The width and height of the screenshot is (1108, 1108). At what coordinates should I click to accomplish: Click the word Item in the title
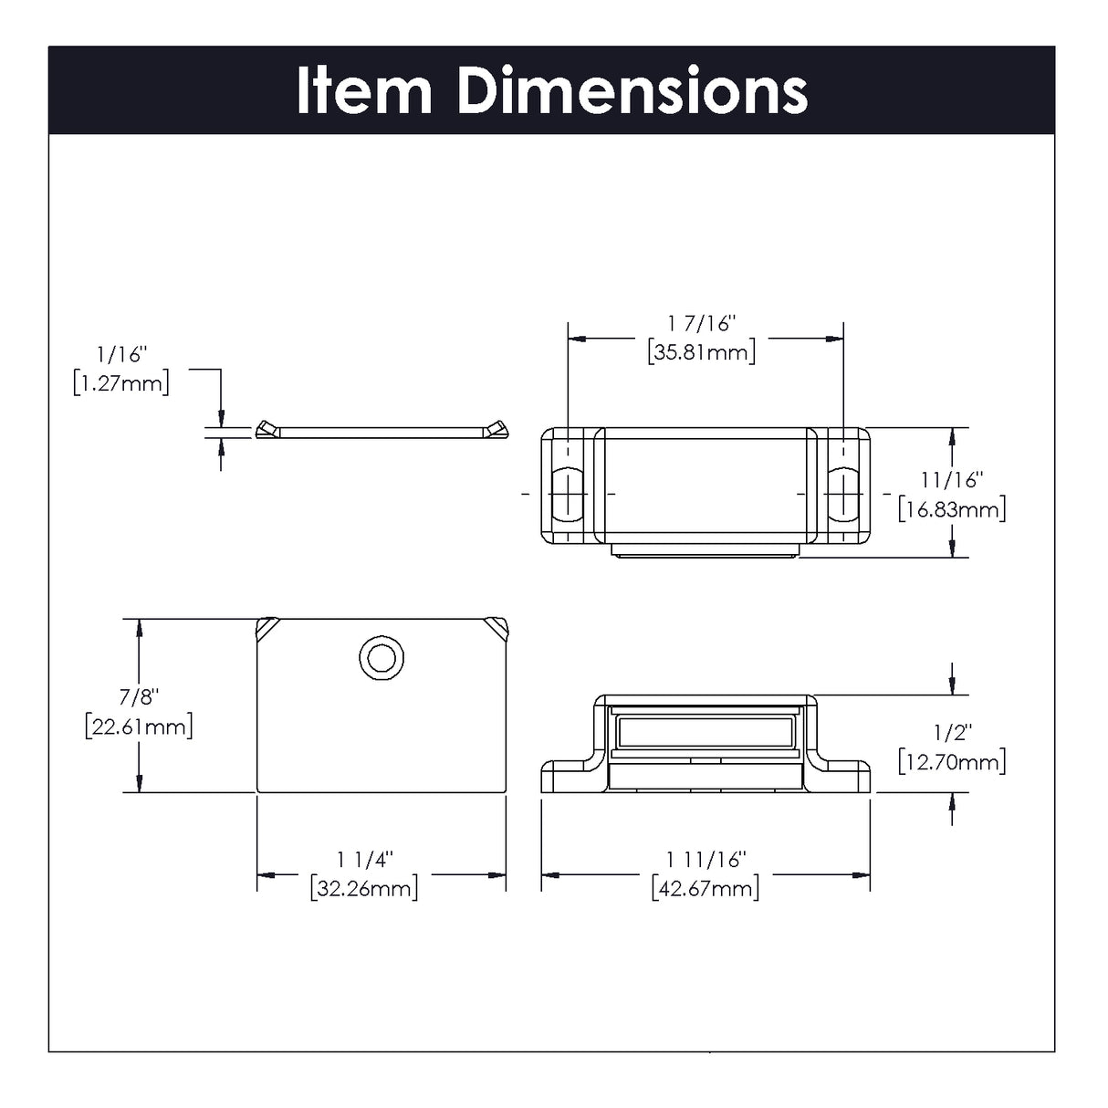[x=364, y=91]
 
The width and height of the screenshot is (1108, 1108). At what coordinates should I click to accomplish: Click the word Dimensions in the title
[x=633, y=91]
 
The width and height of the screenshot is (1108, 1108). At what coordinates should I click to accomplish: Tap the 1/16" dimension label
[x=122, y=355]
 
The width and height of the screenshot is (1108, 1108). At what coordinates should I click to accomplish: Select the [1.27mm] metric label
[x=121, y=383]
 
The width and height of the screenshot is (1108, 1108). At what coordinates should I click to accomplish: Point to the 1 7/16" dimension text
[x=702, y=324]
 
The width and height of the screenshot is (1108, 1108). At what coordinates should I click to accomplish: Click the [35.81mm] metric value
[x=702, y=352]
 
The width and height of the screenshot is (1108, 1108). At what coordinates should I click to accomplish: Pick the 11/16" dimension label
[x=952, y=481]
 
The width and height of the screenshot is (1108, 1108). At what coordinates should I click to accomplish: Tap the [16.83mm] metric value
[x=952, y=509]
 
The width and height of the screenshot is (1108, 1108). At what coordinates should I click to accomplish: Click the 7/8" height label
[x=139, y=697]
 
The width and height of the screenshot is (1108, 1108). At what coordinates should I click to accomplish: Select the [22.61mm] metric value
[x=139, y=726]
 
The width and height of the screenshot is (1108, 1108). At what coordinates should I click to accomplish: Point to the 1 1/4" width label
[x=364, y=860]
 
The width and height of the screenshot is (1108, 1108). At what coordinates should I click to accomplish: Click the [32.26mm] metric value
[x=364, y=888]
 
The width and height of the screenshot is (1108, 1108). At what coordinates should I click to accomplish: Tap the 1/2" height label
[x=953, y=733]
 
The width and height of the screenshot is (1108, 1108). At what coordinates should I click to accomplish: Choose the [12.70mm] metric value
[x=952, y=762]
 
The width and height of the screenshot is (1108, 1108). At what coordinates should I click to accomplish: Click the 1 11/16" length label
[x=706, y=860]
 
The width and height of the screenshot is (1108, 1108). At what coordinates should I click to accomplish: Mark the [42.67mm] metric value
[x=706, y=888]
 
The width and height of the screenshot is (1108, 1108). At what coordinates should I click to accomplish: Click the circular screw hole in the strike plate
[x=382, y=658]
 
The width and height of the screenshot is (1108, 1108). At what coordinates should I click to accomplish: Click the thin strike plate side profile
[x=382, y=431]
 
